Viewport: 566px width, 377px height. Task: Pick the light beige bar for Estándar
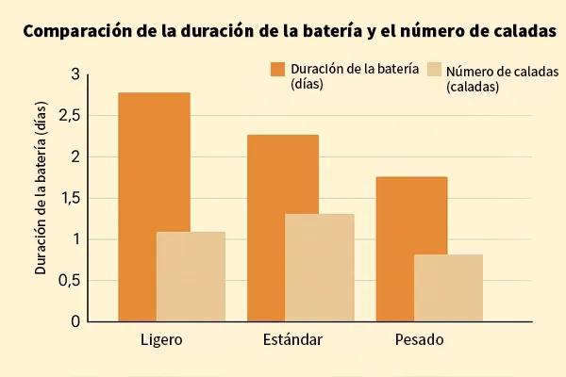click(319, 268)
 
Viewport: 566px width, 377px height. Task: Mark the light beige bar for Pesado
click(448, 287)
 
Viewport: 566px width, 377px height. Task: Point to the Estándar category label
click(293, 339)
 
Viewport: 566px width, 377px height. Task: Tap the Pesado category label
click(418, 339)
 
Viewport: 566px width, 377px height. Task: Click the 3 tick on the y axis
click(75, 74)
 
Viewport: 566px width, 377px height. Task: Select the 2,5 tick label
click(69, 116)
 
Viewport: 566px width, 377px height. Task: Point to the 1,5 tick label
click(69, 198)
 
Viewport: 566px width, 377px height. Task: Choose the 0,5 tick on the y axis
click(69, 280)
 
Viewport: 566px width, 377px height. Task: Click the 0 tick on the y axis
click(75, 321)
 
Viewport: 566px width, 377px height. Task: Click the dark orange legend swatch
click(277, 69)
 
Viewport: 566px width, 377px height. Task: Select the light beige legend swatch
click(434, 69)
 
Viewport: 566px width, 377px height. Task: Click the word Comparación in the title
click(78, 31)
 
